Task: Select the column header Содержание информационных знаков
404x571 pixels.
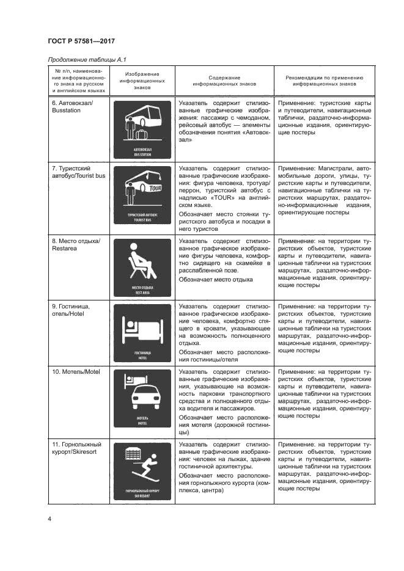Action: (224, 82)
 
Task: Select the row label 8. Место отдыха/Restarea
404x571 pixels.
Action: (75, 244)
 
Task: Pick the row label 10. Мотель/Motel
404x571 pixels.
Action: (75, 371)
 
